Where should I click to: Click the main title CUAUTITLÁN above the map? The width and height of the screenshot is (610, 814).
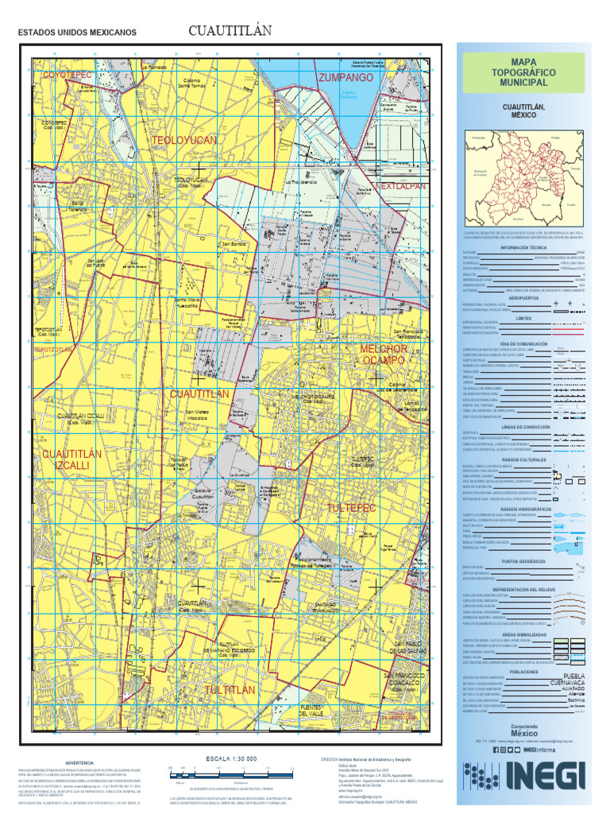coord(230,31)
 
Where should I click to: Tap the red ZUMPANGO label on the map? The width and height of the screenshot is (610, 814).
coord(346,79)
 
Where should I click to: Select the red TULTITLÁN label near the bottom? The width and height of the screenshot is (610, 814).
coord(230,690)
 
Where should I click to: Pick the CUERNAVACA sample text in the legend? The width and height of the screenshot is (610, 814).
coord(569,683)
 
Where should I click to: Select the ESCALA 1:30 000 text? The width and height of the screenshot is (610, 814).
coord(231,758)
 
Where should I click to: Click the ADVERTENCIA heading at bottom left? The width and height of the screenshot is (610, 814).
coord(79,762)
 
